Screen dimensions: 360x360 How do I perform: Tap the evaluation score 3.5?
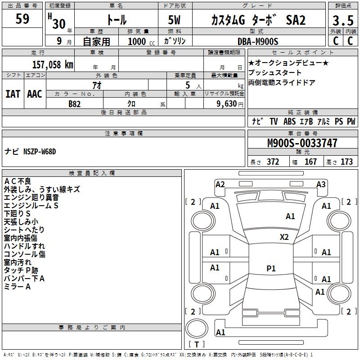click(343, 21)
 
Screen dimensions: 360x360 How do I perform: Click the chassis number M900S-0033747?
click(302, 143)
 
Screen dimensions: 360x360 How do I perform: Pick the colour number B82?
click(75, 103)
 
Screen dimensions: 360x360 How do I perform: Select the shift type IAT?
click(13, 94)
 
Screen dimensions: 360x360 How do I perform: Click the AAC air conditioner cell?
click(35, 94)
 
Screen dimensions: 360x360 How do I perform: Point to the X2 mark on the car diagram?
click(284, 237)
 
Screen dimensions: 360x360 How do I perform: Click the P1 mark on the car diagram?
click(271, 268)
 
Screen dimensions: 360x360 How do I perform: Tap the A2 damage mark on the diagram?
click(220, 184)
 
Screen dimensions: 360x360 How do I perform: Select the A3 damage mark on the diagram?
click(321, 184)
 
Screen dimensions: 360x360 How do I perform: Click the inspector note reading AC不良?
click(18, 181)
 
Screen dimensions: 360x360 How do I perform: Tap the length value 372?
click(273, 162)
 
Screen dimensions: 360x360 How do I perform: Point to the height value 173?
click(346, 162)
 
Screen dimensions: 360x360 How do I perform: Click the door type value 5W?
click(175, 21)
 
